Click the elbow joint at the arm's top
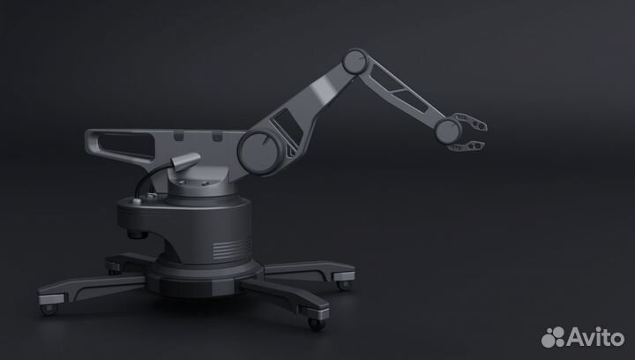click(355, 61)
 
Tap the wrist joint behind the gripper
click(446, 131)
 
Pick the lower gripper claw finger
click(474, 144)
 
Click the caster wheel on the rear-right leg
click(342, 284)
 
